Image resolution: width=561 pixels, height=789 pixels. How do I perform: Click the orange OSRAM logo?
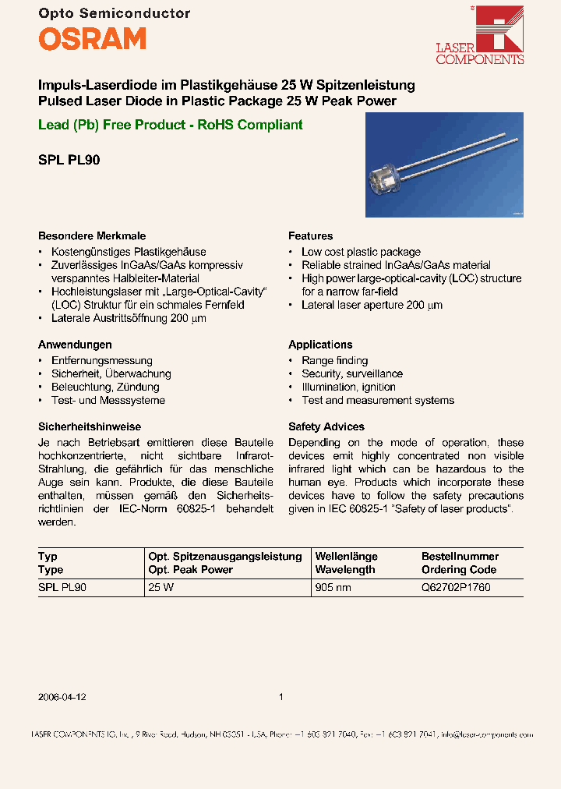coord(92,38)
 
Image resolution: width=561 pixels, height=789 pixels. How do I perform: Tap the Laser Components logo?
coord(490,35)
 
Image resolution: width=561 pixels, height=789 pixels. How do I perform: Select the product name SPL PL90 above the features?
coord(69,161)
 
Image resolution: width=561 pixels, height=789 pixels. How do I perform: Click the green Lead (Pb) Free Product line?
coord(170,125)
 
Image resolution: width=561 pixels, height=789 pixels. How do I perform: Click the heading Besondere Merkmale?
coord(92,235)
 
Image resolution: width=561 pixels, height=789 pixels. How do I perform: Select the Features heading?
coord(310,235)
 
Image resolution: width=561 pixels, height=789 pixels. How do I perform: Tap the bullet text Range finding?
coord(334,360)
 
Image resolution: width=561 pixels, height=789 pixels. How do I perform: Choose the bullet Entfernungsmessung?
coord(101,360)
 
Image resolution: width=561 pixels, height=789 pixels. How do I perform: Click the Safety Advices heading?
coord(326,426)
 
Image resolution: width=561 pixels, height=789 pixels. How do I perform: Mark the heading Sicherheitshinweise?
coord(90,426)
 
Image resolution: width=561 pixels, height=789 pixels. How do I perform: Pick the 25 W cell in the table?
coord(161,588)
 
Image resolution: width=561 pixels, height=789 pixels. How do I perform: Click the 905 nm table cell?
coord(333,588)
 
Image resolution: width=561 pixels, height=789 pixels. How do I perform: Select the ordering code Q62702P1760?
coord(456,588)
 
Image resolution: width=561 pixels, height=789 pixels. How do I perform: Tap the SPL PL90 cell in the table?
coord(62,588)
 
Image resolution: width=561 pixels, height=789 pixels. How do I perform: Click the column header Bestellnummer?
coord(460,556)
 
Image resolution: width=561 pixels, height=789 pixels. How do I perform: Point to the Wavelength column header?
coord(345,569)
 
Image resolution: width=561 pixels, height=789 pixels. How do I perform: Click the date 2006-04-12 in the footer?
coord(62,697)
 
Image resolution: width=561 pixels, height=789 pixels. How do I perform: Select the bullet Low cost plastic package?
coord(361,252)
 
